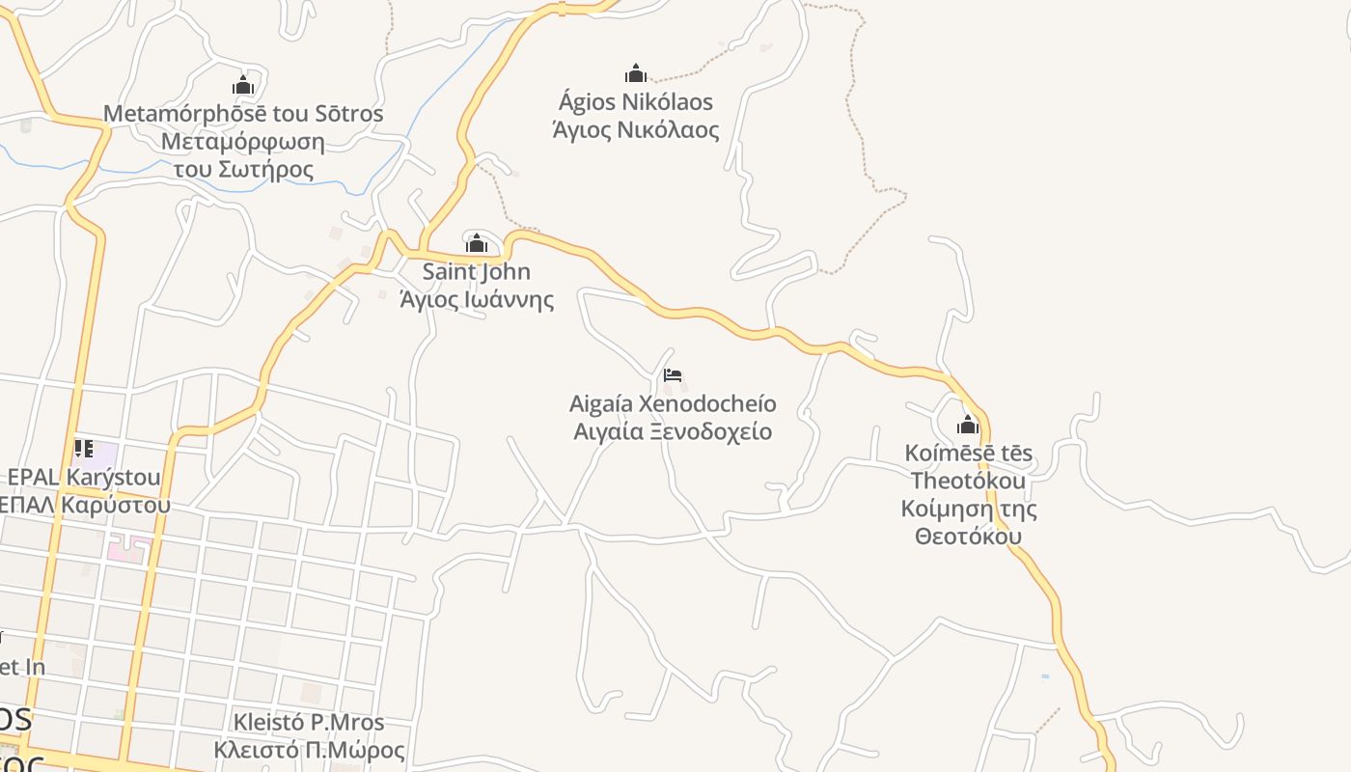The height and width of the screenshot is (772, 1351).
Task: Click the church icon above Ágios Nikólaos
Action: pos(636,73)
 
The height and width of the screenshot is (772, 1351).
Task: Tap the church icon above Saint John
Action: pos(477,243)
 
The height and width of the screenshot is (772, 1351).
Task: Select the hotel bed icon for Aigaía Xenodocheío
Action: pos(673,374)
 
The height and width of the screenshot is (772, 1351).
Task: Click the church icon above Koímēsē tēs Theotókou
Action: pos(968,425)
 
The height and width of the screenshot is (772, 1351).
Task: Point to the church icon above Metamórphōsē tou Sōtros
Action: pos(243,85)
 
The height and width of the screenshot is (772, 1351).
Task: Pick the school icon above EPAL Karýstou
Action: pos(84,449)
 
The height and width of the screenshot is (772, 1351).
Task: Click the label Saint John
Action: pos(477,272)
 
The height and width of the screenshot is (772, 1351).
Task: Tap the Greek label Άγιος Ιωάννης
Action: pos(477,299)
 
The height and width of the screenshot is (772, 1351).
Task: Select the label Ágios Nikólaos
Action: pos(636,101)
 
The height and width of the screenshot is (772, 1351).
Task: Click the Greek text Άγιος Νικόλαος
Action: pos(636,129)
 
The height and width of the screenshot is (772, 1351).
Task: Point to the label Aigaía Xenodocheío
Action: pos(673,403)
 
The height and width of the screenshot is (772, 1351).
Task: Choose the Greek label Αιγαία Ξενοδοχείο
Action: pos(673,430)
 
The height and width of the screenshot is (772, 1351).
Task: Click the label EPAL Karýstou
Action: pos(84,477)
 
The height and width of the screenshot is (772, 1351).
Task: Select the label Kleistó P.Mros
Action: pos(309,722)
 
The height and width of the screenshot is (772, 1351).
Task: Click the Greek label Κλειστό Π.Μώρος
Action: pos(309,750)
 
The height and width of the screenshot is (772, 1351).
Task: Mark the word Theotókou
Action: pos(968,481)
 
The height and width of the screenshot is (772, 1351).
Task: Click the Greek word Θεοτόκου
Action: pos(968,536)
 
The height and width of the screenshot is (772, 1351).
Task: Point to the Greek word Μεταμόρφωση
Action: pos(243,142)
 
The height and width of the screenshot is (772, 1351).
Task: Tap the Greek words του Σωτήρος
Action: pos(243,170)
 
